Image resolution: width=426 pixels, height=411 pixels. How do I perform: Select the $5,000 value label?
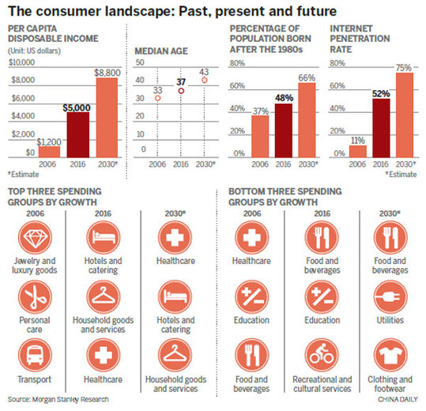(x=77, y=107)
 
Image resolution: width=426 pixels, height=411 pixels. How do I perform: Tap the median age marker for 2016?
(x=181, y=92)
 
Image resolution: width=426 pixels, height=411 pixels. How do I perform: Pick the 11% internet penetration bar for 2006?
(x=357, y=151)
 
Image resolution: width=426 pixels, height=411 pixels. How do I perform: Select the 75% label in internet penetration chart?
(x=405, y=68)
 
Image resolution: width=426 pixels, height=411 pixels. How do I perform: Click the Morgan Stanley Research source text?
(x=57, y=400)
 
